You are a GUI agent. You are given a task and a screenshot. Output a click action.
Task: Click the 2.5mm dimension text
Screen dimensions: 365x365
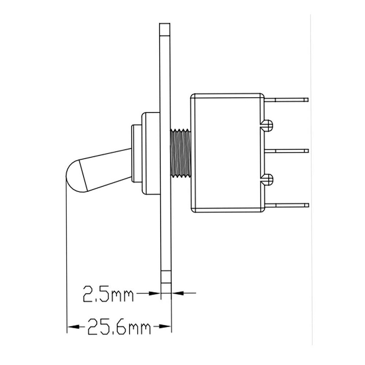pos(108,294)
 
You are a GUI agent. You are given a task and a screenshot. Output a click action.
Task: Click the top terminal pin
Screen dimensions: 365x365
pos(287,100)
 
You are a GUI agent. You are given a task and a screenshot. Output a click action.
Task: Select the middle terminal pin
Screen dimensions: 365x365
pos(287,151)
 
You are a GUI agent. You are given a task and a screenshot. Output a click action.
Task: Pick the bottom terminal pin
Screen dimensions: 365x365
pos(287,205)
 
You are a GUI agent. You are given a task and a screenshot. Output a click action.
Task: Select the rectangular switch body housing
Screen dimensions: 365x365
pos(226,153)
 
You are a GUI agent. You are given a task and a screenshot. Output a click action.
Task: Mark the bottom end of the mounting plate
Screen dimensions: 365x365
pos(166,277)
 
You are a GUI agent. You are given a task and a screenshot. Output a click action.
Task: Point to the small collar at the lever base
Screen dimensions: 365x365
pos(137,153)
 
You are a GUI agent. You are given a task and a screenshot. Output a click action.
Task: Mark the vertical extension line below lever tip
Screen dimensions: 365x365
pos(67,255)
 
